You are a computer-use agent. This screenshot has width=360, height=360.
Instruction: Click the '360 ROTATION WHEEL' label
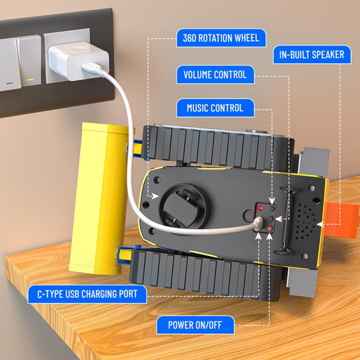[x=221, y=38]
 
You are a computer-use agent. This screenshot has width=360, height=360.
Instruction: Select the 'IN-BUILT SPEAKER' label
[x=312, y=55]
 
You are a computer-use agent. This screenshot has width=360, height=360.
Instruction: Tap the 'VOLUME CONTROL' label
[x=215, y=75]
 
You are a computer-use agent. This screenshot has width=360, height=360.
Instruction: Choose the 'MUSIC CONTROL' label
[x=215, y=108]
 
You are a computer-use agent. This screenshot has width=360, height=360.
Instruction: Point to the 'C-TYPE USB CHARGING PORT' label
[x=87, y=294]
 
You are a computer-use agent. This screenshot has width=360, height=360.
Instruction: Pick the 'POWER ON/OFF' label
[x=195, y=325]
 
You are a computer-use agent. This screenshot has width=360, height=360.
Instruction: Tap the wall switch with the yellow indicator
[x=30, y=60]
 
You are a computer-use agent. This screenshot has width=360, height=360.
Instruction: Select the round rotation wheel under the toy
[x=184, y=206]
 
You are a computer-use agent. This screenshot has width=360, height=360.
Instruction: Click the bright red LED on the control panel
[x=260, y=208]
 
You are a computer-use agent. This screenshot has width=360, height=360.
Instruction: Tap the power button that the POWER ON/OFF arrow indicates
[x=270, y=229]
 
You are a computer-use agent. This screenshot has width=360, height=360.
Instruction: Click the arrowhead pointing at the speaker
[x=320, y=224]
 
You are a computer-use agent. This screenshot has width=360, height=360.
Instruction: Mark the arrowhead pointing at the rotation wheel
[x=155, y=196]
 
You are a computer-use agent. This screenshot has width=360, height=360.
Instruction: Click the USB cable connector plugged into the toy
[x=258, y=223]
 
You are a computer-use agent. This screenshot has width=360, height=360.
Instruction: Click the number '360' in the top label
[x=189, y=38]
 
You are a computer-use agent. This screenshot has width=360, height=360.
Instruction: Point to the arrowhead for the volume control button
[x=278, y=219]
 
